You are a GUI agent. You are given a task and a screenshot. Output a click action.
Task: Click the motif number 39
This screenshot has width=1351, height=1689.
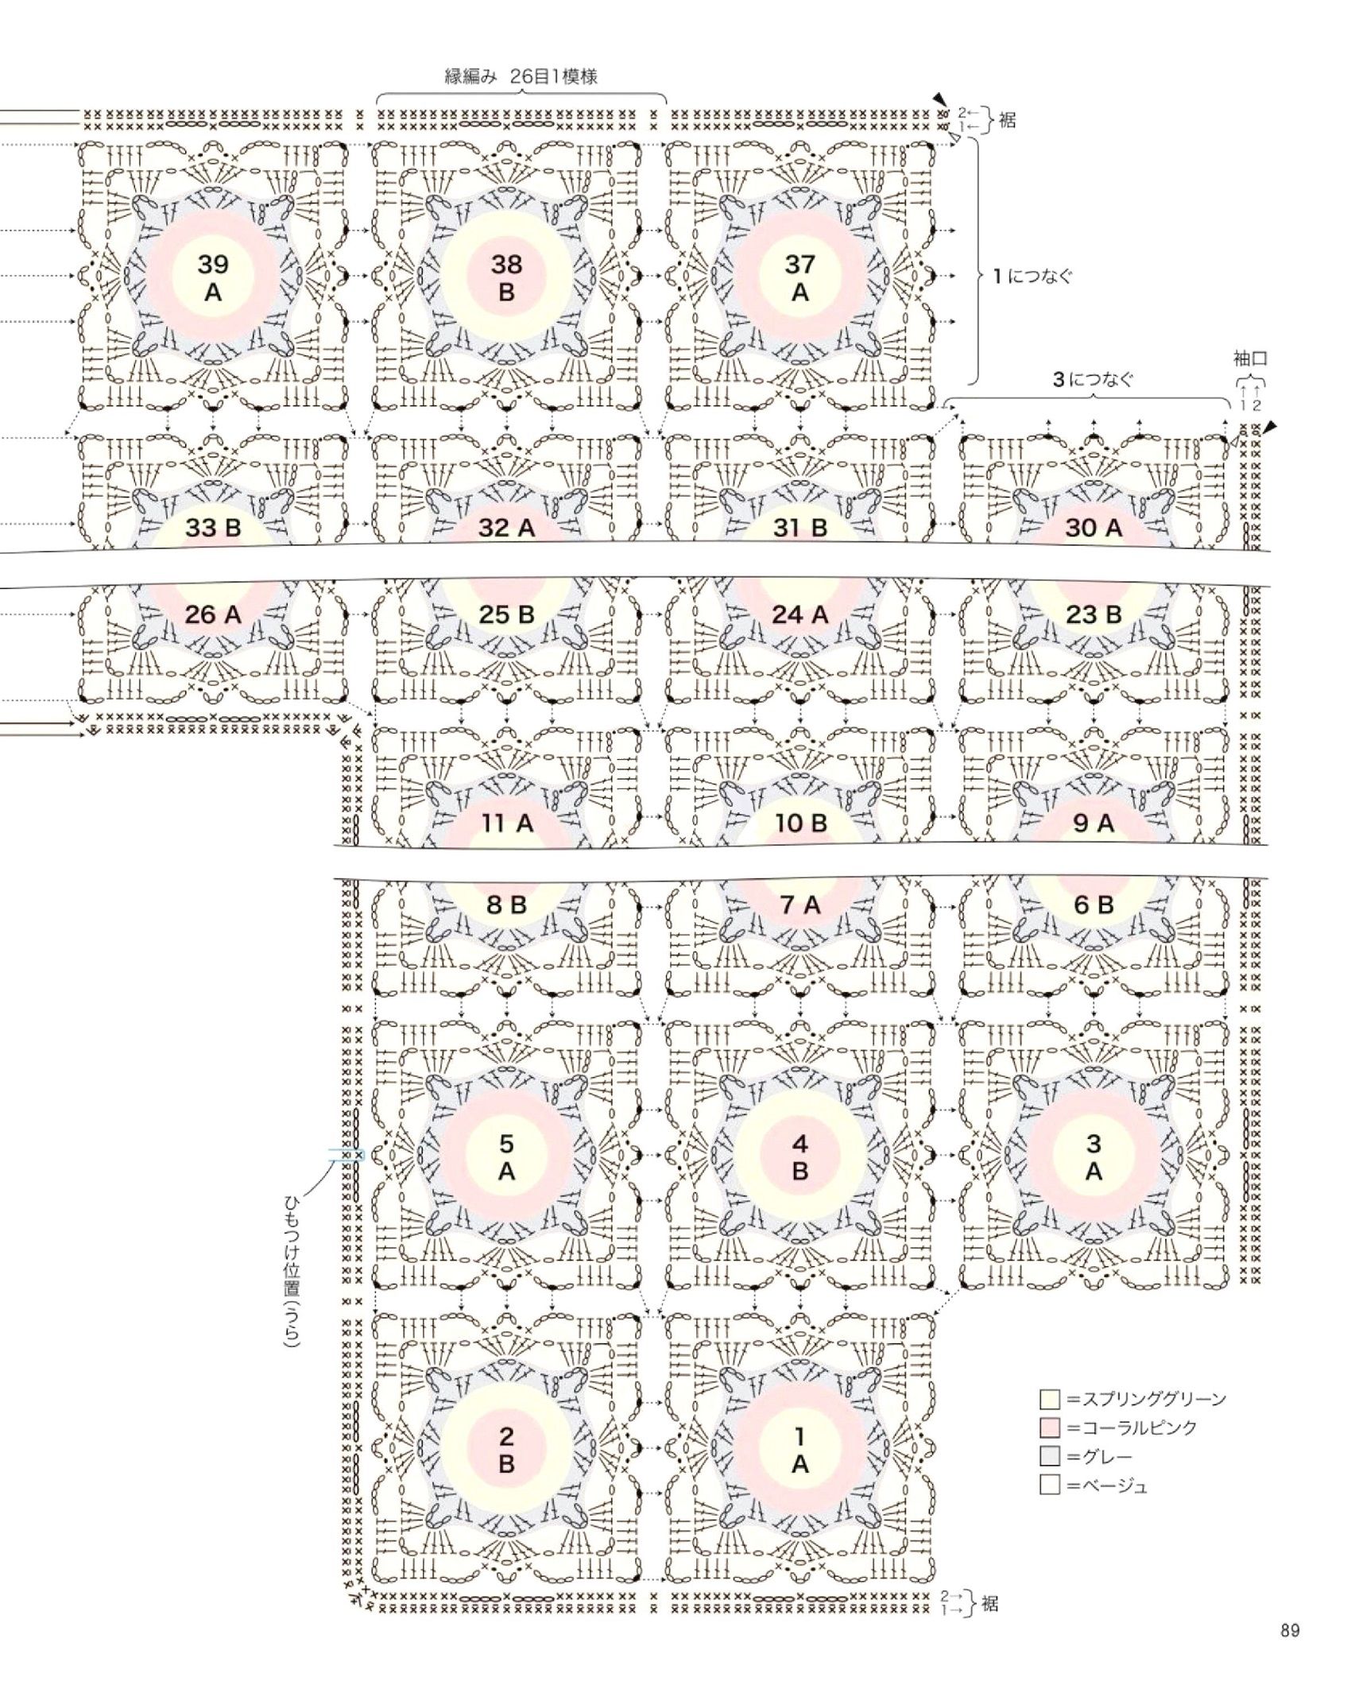[213, 264]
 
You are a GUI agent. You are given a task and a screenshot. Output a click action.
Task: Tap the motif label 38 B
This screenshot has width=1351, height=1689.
[506, 278]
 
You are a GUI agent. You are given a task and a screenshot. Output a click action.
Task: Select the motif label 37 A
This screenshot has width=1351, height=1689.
[799, 278]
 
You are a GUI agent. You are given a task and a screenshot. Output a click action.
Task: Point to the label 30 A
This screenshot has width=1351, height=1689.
[1093, 528]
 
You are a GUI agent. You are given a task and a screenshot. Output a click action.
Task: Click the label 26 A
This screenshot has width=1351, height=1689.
[213, 614]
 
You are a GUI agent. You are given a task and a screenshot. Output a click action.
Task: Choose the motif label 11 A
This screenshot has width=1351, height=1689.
[506, 823]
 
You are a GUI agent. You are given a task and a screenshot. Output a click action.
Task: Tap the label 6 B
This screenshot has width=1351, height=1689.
[1093, 905]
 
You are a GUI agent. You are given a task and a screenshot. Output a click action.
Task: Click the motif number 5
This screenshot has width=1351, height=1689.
[506, 1144]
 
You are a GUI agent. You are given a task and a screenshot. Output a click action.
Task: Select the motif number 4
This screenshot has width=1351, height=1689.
[799, 1144]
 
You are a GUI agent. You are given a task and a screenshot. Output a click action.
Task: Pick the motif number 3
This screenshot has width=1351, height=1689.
[1093, 1144]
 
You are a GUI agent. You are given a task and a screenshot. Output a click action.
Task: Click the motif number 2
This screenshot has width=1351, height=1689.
[506, 1436]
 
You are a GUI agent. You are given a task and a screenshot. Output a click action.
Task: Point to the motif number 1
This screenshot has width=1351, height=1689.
[799, 1436]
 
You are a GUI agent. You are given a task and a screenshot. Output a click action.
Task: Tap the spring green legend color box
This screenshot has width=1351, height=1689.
[1050, 1399]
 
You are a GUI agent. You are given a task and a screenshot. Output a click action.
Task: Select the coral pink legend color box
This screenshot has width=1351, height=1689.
[1050, 1428]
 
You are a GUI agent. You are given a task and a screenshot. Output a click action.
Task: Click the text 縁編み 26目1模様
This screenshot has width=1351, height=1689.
[521, 76]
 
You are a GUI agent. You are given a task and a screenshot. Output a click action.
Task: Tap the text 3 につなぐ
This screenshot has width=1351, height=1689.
[1093, 380]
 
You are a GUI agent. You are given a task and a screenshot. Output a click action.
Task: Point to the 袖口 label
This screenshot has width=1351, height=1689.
[1250, 359]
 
